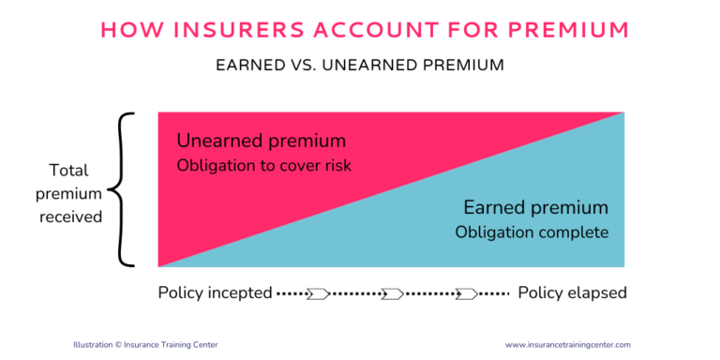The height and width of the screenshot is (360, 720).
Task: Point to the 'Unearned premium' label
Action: coord(262,142)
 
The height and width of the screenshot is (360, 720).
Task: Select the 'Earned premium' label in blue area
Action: coord(535,207)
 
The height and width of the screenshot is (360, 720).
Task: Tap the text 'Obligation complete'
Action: coord(532,231)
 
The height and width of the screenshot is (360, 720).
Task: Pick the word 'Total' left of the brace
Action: coord(68,171)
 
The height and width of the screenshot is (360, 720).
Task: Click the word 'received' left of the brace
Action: coord(68,216)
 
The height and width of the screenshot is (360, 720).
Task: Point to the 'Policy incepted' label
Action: coord(214,293)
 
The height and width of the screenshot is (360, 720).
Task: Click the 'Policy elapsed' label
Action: coord(572,293)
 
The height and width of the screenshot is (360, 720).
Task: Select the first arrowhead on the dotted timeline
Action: coord(319,293)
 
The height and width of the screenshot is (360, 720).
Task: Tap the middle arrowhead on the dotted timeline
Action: coord(392,293)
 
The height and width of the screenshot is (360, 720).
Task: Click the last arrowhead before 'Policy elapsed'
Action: coord(465,293)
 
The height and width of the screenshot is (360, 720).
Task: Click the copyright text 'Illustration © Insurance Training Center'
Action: coord(145,344)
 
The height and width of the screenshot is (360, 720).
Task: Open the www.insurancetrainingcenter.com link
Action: coord(567,344)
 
